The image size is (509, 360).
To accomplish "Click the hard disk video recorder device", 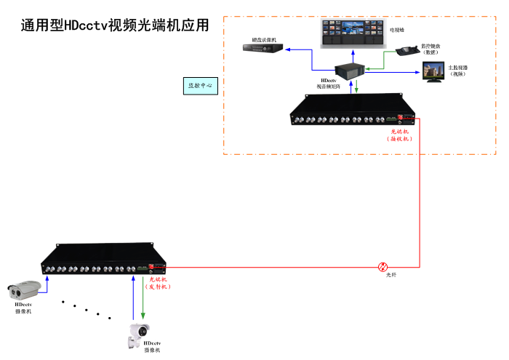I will tap(262, 48).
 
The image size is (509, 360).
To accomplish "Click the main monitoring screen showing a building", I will tap(435, 71).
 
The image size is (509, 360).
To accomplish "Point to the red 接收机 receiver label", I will tap(400, 135).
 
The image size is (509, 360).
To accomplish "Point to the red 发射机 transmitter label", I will tap(159, 283).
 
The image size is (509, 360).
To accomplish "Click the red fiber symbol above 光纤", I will tap(383, 267).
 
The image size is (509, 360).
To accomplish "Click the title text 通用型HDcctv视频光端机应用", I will tap(115, 25).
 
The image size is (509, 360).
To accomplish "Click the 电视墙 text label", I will tap(396, 31).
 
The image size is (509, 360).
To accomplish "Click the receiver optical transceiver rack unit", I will tap(353, 113).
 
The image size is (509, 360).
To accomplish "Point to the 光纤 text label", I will tap(391, 274).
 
